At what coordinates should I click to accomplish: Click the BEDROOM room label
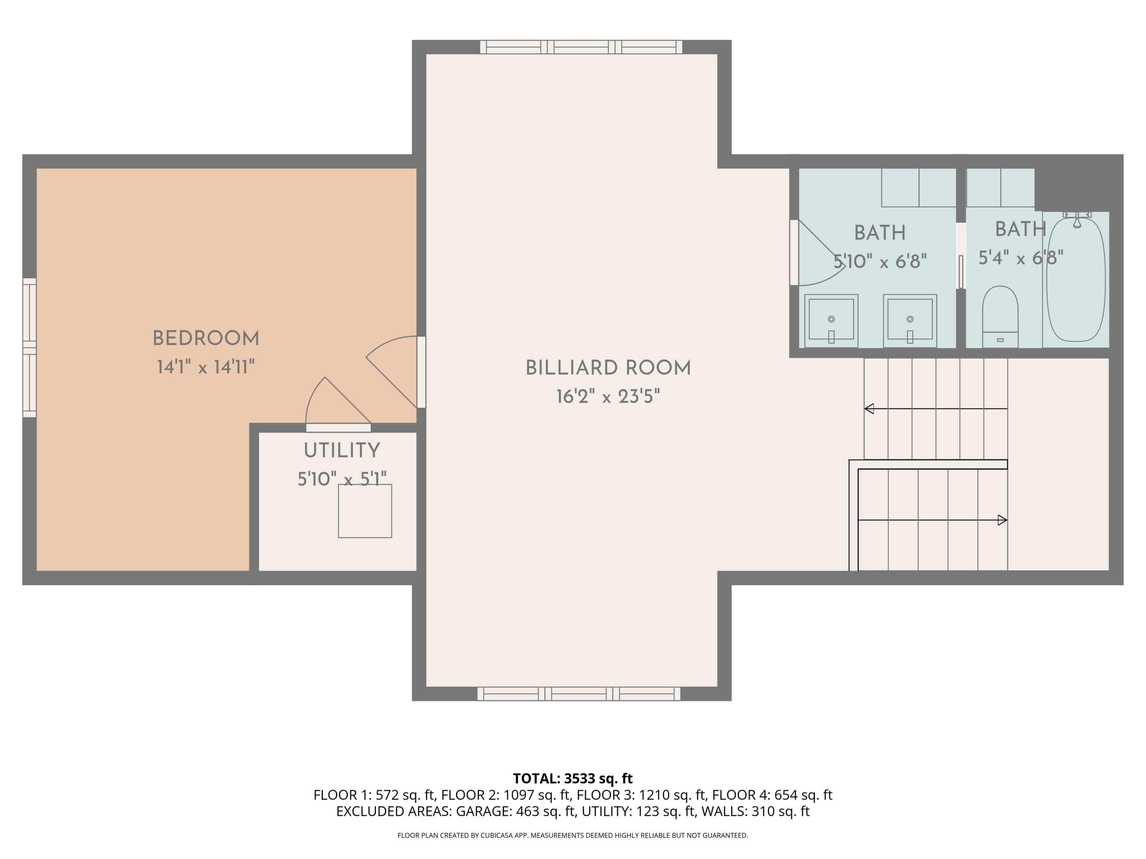(x=206, y=339)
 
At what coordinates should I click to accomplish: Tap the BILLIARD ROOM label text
(x=608, y=368)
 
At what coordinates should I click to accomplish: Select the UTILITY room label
(x=342, y=450)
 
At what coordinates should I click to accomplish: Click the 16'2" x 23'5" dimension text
(x=608, y=397)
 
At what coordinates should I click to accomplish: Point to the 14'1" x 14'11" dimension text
(x=206, y=368)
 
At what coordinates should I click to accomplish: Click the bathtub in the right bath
(x=1076, y=279)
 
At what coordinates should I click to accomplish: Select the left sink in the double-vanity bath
(x=831, y=320)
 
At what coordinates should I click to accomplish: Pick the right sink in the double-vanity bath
(x=910, y=320)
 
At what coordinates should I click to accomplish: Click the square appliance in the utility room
(x=365, y=511)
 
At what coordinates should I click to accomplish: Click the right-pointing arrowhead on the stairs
(x=1002, y=520)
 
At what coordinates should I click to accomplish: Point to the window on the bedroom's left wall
(x=29, y=347)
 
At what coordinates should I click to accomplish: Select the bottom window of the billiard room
(x=578, y=693)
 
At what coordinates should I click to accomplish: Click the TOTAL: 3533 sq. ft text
(x=573, y=778)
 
